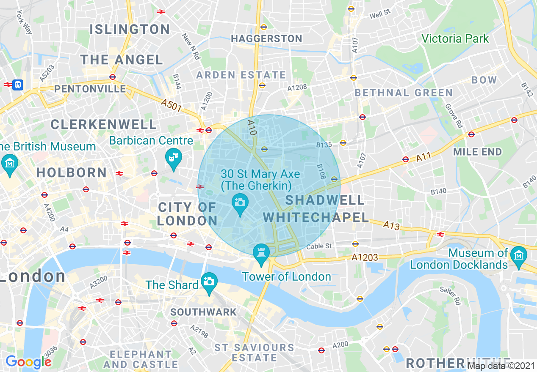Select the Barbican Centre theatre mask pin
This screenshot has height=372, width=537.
(x=173, y=157)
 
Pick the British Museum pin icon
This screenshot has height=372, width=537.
(x=9, y=163)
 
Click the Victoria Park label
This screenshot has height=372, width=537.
(x=455, y=39)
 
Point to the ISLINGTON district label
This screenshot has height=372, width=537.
(x=130, y=29)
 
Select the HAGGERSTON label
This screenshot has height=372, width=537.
(x=266, y=39)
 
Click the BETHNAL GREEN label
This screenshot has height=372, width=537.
(x=404, y=93)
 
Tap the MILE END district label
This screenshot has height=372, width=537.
(x=477, y=152)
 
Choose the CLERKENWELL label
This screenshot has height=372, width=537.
(x=104, y=124)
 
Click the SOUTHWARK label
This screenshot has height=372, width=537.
(x=203, y=312)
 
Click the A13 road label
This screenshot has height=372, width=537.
(x=391, y=225)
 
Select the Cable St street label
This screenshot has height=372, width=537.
(x=319, y=246)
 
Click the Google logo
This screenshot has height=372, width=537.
(x=28, y=362)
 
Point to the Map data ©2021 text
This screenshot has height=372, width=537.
(x=501, y=366)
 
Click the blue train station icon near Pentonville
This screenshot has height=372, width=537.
(x=18, y=85)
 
